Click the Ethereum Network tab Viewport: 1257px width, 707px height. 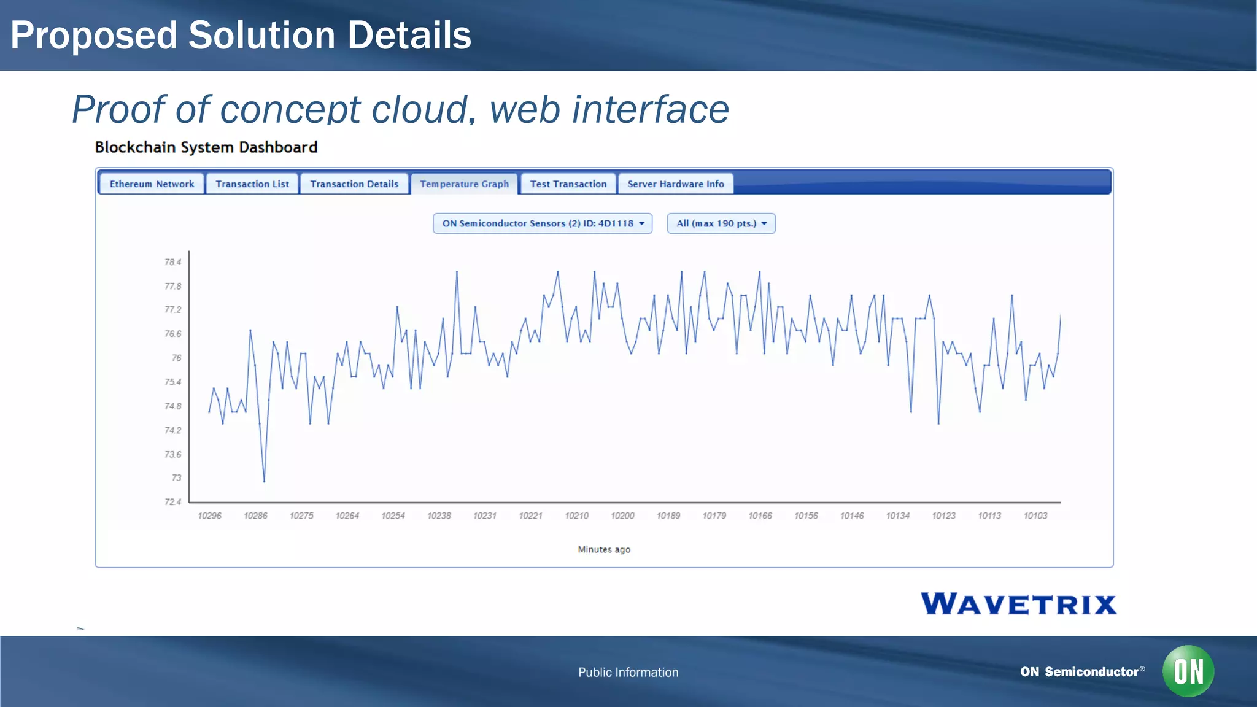152,184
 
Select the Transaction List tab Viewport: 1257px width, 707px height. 252,184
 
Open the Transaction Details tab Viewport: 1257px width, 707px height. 354,184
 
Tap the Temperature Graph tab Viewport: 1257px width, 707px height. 464,184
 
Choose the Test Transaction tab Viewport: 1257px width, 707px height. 568,184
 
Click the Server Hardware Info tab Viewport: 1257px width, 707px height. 675,184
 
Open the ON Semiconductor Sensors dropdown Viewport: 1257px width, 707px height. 543,223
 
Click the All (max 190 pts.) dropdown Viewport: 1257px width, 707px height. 721,223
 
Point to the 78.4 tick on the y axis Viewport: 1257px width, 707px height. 173,262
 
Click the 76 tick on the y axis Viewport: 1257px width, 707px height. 176,358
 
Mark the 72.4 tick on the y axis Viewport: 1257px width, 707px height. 173,502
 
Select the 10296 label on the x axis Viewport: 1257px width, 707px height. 209,516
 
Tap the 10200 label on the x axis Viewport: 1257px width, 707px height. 622,516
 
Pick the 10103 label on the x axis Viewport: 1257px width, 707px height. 1035,516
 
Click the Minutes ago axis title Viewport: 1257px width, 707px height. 604,549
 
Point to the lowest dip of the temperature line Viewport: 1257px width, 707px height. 264,481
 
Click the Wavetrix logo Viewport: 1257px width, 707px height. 1018,603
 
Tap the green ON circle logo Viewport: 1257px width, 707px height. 1188,671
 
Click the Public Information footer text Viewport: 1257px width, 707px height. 628,672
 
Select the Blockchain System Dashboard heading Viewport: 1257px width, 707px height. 206,147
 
